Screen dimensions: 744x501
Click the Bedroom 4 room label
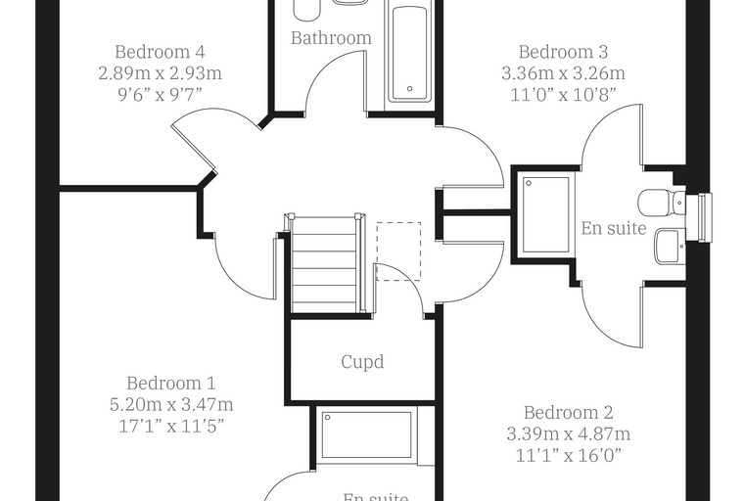coord(160,52)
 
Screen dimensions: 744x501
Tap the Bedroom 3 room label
coord(563,52)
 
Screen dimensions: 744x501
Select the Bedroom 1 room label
coord(171,383)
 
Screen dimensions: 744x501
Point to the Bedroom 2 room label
coord(569,412)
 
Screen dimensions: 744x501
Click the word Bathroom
coord(331,38)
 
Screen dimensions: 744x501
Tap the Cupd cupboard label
coord(362,362)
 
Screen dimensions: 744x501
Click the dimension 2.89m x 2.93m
coord(160,73)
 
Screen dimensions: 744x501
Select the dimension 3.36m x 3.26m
coord(563,73)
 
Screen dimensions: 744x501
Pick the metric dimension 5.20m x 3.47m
coord(171,405)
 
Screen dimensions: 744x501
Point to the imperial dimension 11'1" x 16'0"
coord(569,456)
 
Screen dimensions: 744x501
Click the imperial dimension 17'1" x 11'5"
coord(171,427)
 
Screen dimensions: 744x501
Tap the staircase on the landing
coord(325,264)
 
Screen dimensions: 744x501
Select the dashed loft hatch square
coord(398,250)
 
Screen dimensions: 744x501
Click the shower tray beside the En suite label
coord(545,214)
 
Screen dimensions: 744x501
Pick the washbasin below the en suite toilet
coord(670,246)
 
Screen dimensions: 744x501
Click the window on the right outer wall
coord(705,218)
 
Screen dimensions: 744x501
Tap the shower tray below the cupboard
coord(366,435)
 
